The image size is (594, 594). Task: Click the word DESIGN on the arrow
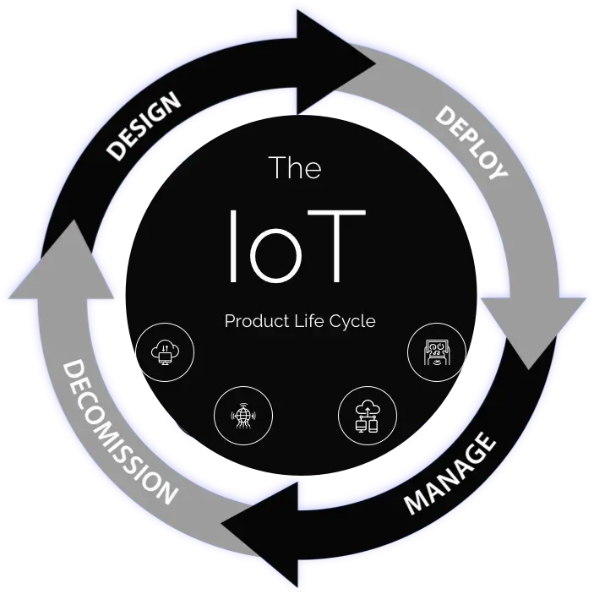(x=144, y=126)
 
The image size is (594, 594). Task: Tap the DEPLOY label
(x=471, y=142)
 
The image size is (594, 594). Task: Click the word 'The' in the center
(x=295, y=167)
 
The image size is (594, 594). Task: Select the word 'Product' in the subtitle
(x=252, y=321)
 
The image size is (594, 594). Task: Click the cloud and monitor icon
(x=165, y=350)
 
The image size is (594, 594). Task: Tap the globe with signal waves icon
(x=243, y=415)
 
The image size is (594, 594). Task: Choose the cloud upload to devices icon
(x=368, y=415)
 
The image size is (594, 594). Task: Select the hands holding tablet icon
(x=436, y=351)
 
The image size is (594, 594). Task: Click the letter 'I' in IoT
(x=234, y=246)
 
